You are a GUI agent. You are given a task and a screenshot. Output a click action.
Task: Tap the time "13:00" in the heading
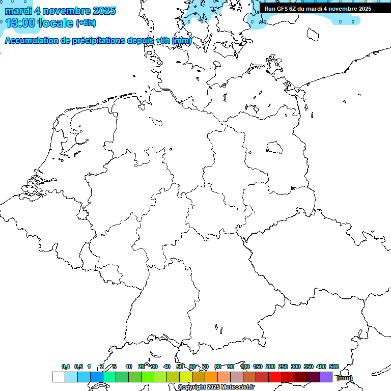21,22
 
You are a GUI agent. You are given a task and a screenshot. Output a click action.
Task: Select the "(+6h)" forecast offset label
86,23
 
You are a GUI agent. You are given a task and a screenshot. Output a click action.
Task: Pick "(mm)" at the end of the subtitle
182,41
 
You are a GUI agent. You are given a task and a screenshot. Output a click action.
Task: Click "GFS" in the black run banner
283,9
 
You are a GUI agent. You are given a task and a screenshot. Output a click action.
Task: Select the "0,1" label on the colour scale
66,367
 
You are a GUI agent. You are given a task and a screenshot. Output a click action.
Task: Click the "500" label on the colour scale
334,367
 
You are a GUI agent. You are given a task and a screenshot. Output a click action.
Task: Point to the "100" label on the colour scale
244,367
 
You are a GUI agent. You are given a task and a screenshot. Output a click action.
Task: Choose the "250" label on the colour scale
283,367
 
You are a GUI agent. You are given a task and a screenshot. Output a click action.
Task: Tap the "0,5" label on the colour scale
78,367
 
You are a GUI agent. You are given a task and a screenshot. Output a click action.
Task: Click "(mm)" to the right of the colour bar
344,378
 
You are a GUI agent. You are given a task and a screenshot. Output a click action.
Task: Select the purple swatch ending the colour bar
326,377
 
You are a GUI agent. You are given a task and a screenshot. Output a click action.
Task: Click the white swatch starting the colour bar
58,377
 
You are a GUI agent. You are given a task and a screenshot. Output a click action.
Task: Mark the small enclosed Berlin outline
275,147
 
